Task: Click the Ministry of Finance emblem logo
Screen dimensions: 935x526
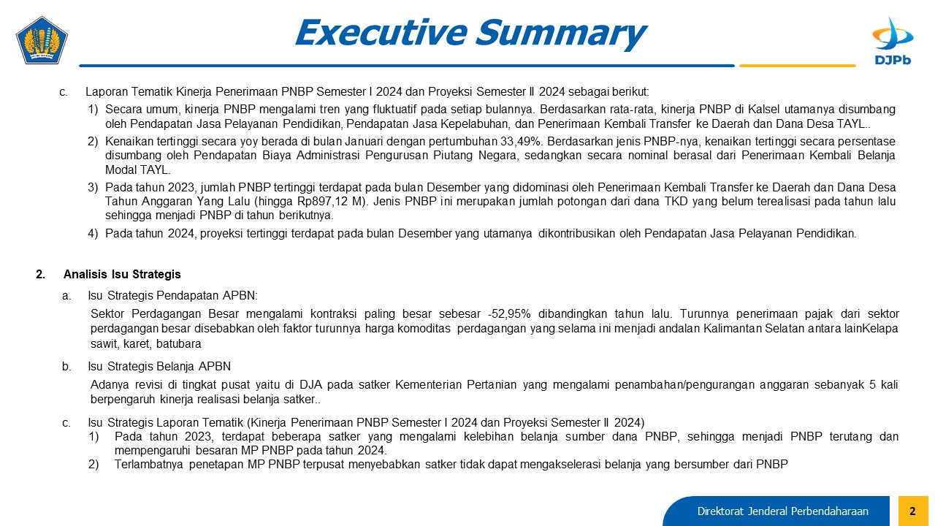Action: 42,40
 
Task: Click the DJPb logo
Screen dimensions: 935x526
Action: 893,41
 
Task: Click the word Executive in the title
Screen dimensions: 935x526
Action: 381,33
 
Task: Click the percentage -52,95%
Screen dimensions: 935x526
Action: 509,314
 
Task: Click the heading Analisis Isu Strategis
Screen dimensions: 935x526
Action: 122,274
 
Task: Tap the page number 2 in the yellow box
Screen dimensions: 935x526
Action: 912,511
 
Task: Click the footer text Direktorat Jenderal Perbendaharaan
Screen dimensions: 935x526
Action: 782,511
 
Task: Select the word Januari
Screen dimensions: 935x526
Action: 360,142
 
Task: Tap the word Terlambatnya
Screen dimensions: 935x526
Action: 148,464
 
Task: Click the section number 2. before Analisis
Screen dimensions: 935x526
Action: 40,274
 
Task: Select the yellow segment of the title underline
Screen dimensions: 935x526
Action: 797,66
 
